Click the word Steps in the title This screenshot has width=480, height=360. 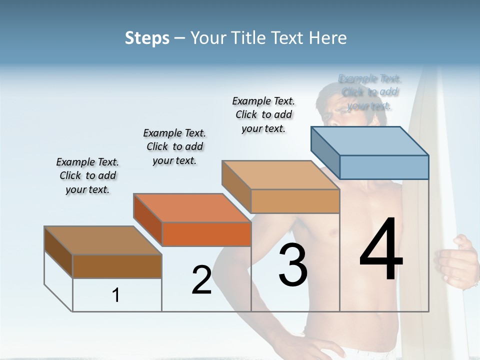click(147, 38)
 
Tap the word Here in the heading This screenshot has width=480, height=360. click(327, 38)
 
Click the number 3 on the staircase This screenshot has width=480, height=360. click(293, 265)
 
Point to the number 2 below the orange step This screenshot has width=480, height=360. click(201, 280)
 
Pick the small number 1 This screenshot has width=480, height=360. click(116, 295)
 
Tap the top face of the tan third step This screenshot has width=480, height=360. click(280, 175)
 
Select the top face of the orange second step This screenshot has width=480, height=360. click(192, 208)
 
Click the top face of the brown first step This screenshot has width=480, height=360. click(103, 240)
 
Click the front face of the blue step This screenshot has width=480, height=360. click(384, 167)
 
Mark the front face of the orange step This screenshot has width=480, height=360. click(206, 234)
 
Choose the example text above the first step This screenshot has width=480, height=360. click(87, 175)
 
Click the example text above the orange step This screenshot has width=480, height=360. click(174, 146)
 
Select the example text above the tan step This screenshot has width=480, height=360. click(263, 114)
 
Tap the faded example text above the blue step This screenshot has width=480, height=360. click(370, 92)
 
